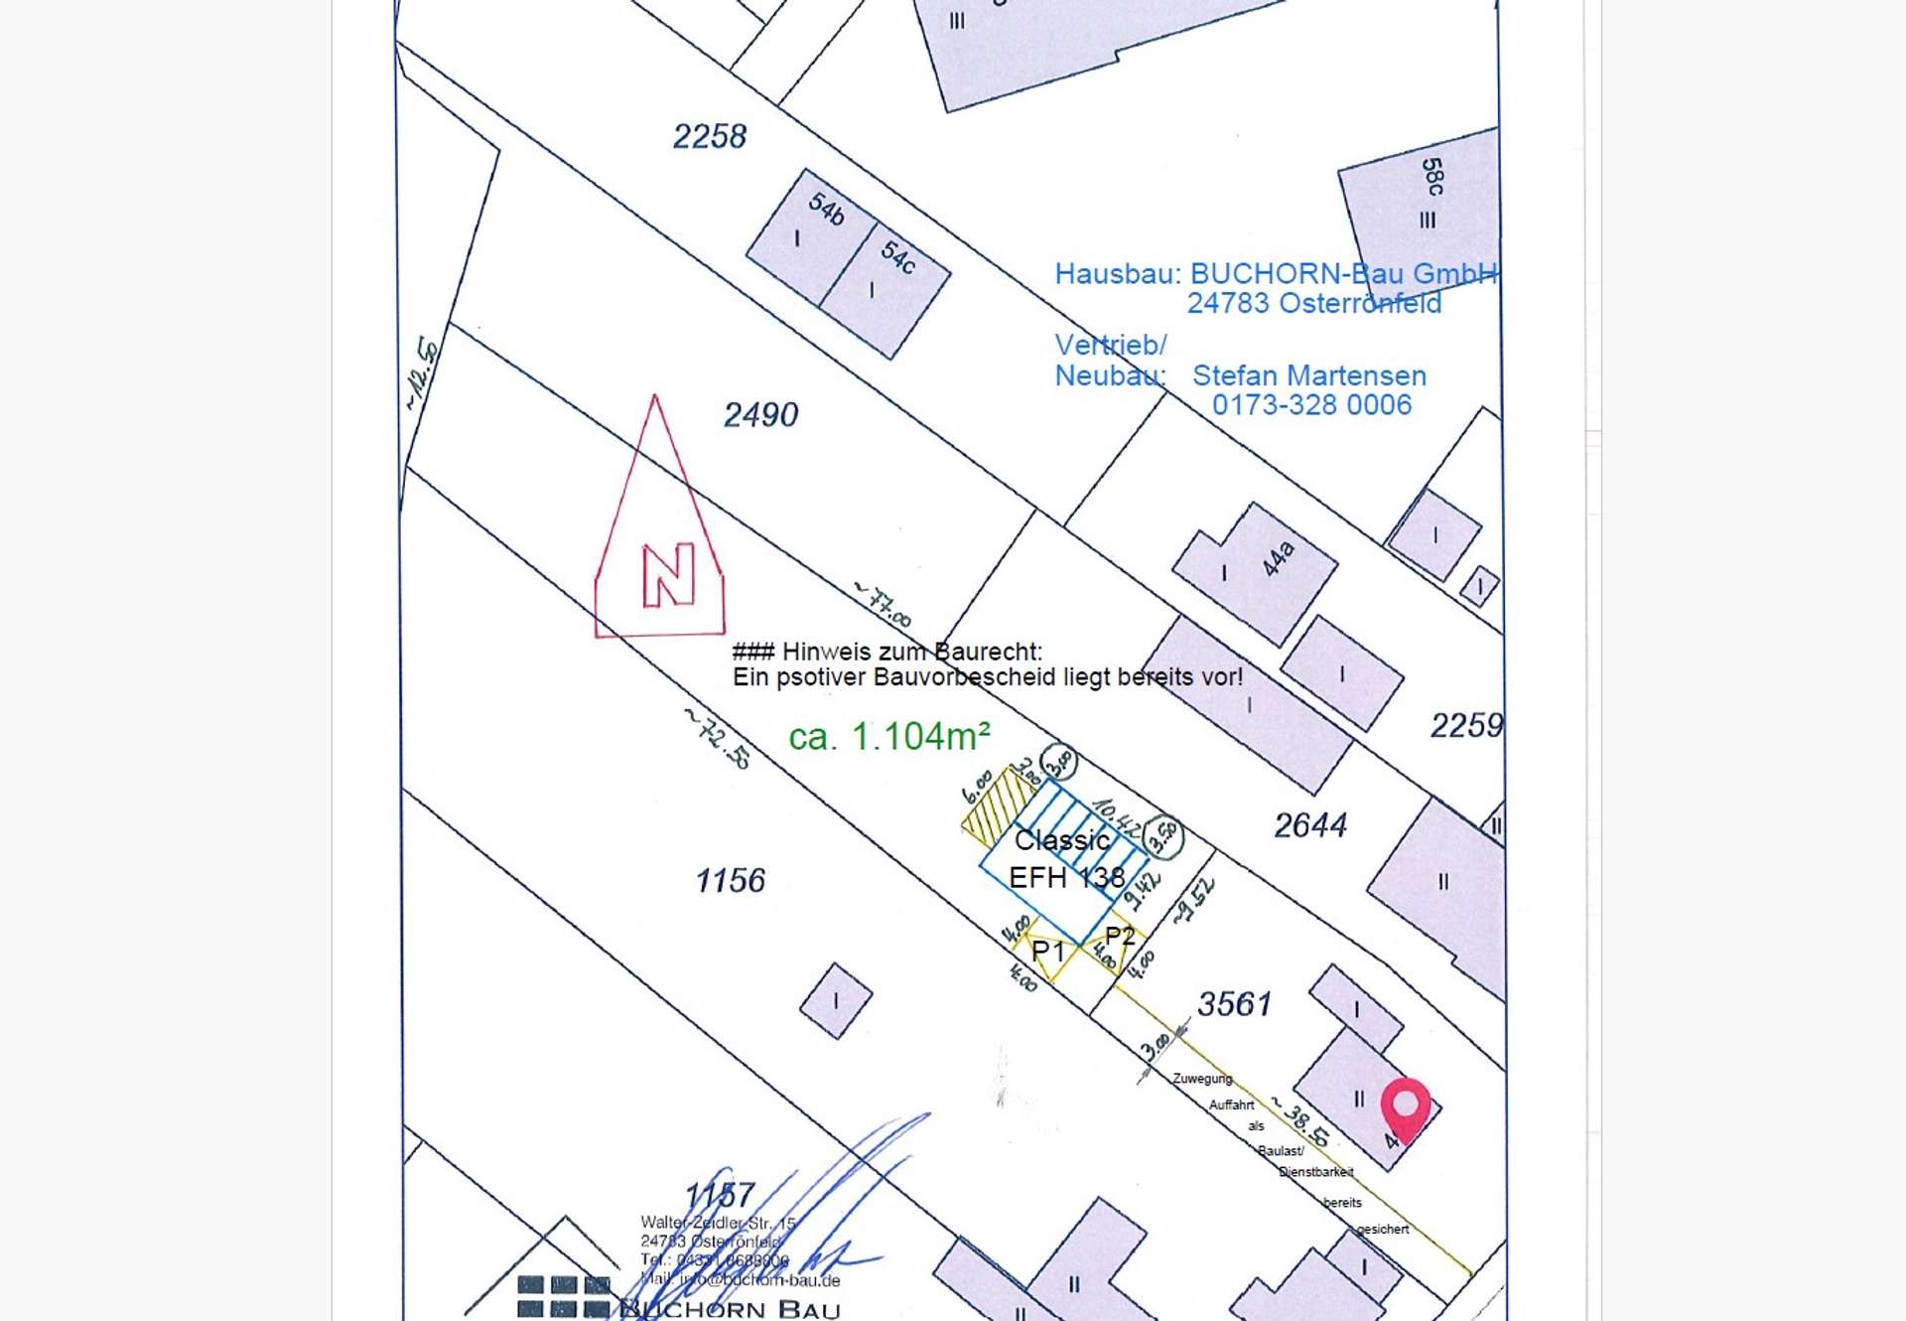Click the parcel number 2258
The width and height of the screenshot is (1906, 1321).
click(709, 136)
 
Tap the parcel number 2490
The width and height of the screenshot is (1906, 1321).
click(760, 414)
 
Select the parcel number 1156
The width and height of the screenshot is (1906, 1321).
click(730, 880)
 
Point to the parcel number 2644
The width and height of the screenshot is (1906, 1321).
click(1310, 824)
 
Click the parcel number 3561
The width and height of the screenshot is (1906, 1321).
click(1234, 1003)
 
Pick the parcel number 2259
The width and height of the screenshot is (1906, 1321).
click(1465, 725)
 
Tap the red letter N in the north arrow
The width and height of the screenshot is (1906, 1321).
click(668, 575)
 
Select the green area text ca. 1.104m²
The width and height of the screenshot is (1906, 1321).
click(889, 737)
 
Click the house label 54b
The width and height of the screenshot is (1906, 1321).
click(826, 209)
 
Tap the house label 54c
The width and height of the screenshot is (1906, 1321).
click(898, 257)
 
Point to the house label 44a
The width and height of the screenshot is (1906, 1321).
click(1278, 558)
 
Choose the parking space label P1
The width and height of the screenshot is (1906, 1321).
click(1047, 952)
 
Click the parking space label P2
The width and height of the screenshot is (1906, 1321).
click(1120, 936)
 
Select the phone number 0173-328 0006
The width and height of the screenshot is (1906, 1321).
click(1311, 405)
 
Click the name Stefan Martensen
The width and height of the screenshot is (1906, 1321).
click(1308, 375)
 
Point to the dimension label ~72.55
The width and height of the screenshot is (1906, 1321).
click(718, 738)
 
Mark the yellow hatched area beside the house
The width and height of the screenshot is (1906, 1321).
click(996, 806)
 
